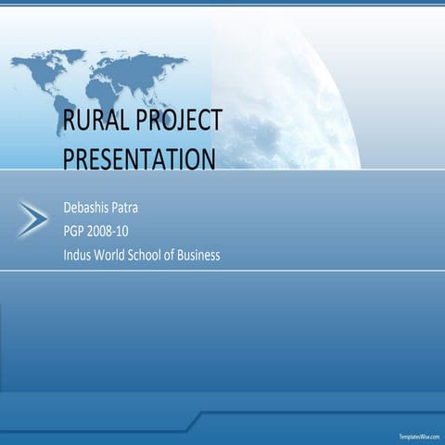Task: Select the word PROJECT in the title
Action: (x=179, y=121)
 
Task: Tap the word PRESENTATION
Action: (x=139, y=159)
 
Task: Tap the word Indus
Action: (x=78, y=255)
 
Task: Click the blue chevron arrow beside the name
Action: (x=33, y=219)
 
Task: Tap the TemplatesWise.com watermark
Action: (x=419, y=436)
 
